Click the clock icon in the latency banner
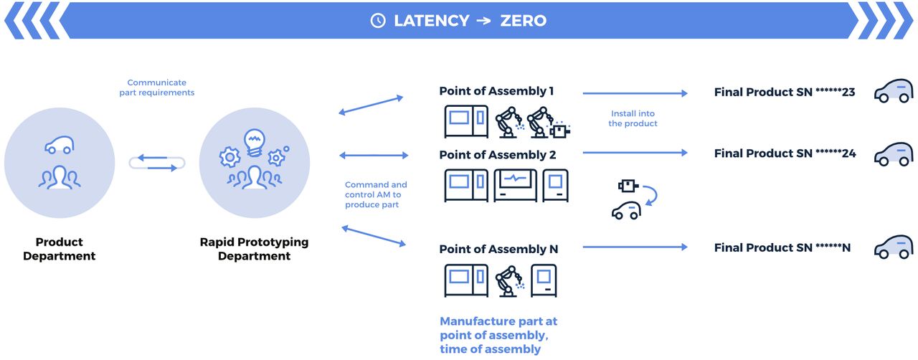(x=378, y=21)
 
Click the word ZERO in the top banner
(x=524, y=21)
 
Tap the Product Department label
(x=59, y=249)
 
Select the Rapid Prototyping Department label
(x=254, y=249)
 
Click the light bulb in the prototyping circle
(x=255, y=141)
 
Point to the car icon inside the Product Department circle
(x=60, y=146)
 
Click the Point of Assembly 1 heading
(x=496, y=91)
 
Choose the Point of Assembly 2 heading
(x=497, y=155)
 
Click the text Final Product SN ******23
(x=785, y=93)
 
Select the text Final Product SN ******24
(x=785, y=153)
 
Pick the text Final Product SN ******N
(x=782, y=247)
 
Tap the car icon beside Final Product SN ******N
(x=894, y=247)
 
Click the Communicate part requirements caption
(x=156, y=87)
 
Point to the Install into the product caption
(x=633, y=118)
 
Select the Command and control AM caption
(x=376, y=194)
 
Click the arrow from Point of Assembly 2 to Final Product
(x=635, y=153)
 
